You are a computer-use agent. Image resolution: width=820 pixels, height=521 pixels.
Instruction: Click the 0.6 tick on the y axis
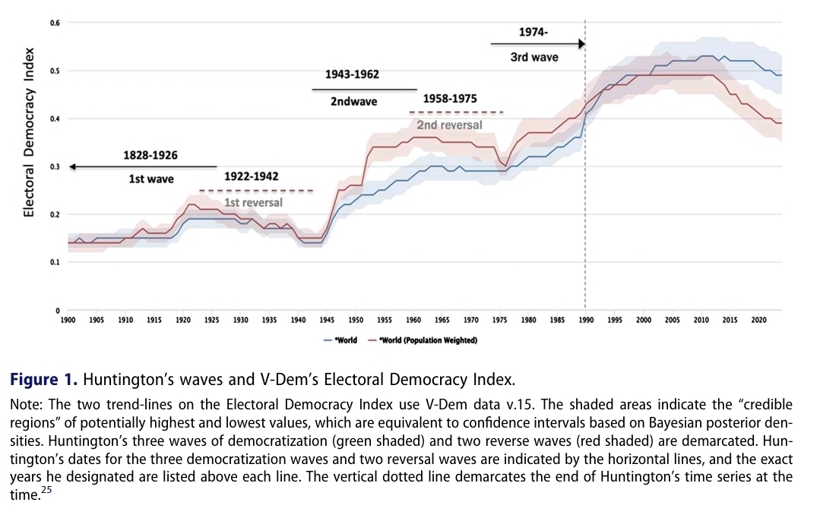coord(55,23)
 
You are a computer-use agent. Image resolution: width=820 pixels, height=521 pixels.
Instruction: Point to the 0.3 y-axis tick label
coord(55,166)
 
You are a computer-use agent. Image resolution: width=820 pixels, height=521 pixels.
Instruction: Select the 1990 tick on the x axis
coord(586,320)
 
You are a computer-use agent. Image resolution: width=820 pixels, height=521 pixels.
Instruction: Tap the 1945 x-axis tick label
coord(327,320)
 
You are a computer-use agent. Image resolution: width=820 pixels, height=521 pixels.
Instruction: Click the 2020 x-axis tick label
coord(758,320)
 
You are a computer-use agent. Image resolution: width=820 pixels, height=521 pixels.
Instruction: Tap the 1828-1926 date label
coord(150,155)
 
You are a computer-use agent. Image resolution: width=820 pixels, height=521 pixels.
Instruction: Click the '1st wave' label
coord(150,179)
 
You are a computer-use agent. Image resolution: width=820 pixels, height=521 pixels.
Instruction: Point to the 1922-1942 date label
coord(252,176)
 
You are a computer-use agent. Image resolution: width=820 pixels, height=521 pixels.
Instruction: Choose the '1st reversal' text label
coord(253,203)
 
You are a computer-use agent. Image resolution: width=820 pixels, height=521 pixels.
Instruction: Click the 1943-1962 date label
coord(352,74)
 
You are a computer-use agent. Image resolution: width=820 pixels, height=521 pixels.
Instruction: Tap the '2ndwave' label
coord(353,101)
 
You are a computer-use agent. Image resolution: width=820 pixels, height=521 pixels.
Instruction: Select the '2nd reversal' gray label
coord(449,125)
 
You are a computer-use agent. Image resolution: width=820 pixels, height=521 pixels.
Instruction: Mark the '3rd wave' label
coord(534,57)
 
